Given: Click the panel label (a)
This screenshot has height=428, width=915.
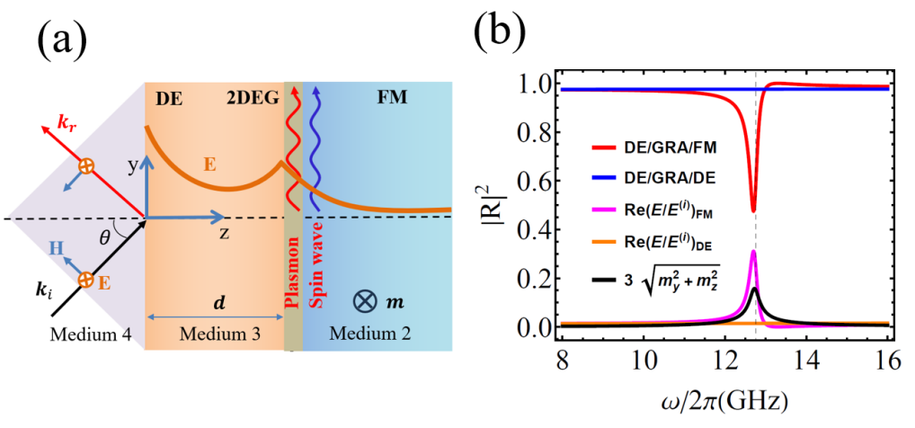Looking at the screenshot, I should [x=66, y=40].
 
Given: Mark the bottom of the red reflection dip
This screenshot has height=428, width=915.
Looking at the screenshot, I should [x=753, y=210].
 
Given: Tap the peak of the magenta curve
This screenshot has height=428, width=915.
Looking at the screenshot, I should [x=753, y=252].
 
